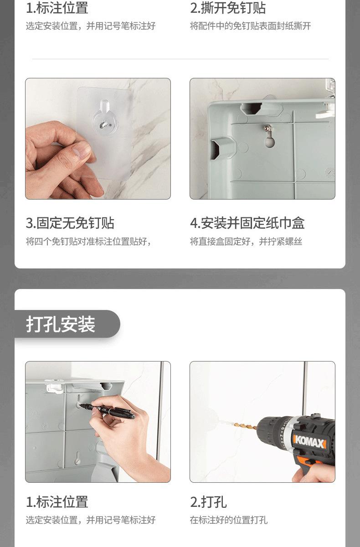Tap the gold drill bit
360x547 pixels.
(x=245, y=426)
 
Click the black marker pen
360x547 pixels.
(x=107, y=410)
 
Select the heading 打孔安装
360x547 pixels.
(x=61, y=324)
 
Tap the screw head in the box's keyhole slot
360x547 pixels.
(x=268, y=128)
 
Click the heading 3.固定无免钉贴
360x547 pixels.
(x=70, y=223)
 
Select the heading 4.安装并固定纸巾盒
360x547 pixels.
(x=247, y=223)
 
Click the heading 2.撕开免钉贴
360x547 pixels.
(x=228, y=8)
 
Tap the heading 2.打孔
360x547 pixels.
(x=208, y=502)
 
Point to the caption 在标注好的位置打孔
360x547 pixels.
(x=229, y=520)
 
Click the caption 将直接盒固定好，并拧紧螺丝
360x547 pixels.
(x=246, y=242)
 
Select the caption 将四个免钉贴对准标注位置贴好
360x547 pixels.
(x=88, y=242)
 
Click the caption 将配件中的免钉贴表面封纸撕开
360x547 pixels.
(x=251, y=26)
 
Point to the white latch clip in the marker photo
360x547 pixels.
(x=55, y=386)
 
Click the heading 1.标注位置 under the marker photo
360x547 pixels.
(x=57, y=502)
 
